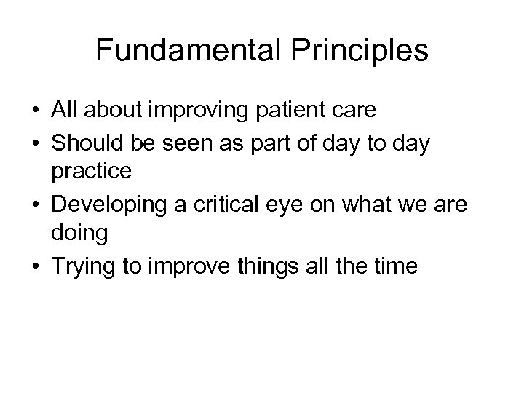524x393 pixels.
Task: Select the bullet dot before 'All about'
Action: tap(36, 111)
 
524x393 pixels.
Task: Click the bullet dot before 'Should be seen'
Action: tap(36, 143)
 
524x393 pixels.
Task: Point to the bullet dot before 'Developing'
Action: tap(36, 207)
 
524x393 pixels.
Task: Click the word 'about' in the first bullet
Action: tap(115, 111)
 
